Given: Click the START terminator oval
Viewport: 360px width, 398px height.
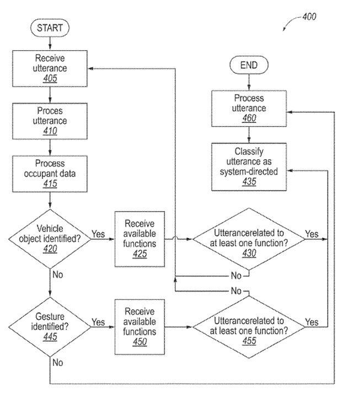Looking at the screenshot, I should [x=50, y=27].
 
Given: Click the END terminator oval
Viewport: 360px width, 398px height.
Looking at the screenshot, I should [x=249, y=66].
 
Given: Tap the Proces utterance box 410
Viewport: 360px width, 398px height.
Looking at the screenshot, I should [x=50, y=120].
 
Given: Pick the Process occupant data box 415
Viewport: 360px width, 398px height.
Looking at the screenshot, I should [x=50, y=173].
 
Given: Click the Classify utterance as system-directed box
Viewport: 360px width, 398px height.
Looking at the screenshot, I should [x=249, y=166].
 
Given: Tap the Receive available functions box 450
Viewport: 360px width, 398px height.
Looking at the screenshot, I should [x=139, y=326].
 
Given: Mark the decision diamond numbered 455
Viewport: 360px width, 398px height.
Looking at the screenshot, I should [x=248, y=326].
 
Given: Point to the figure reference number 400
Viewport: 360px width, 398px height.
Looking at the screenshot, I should [x=309, y=17].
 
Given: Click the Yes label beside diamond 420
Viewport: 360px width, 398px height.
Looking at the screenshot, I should [x=98, y=234].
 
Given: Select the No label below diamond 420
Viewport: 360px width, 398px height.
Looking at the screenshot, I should [x=57, y=274].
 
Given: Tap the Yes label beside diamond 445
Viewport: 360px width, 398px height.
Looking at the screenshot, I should [x=98, y=321].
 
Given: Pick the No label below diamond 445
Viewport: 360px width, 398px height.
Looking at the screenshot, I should [x=57, y=363].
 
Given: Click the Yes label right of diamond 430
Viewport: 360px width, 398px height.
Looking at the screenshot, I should [x=311, y=234].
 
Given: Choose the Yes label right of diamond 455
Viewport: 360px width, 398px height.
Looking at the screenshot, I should [x=311, y=321].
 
